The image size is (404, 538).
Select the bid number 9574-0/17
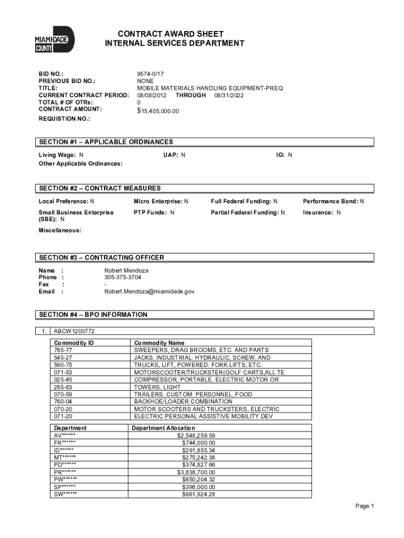click(151, 75)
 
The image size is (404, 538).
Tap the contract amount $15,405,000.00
click(158, 111)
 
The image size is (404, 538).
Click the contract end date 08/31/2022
click(229, 95)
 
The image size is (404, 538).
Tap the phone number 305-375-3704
click(123, 277)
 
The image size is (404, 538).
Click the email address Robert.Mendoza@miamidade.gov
click(149, 291)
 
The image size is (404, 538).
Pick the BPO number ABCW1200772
click(74, 332)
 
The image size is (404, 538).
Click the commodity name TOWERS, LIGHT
click(156, 387)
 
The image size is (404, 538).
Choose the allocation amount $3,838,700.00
click(196, 472)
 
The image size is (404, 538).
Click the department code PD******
click(65, 465)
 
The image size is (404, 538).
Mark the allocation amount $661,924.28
click(198, 494)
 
